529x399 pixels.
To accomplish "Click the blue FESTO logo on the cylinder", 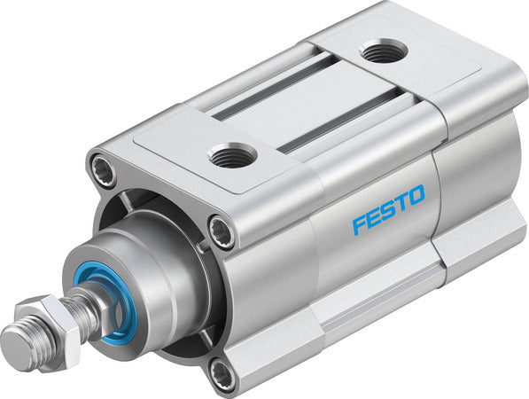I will click(388, 209).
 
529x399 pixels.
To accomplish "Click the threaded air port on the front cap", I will click(233, 156).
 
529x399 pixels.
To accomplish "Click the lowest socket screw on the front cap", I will click(222, 373).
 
